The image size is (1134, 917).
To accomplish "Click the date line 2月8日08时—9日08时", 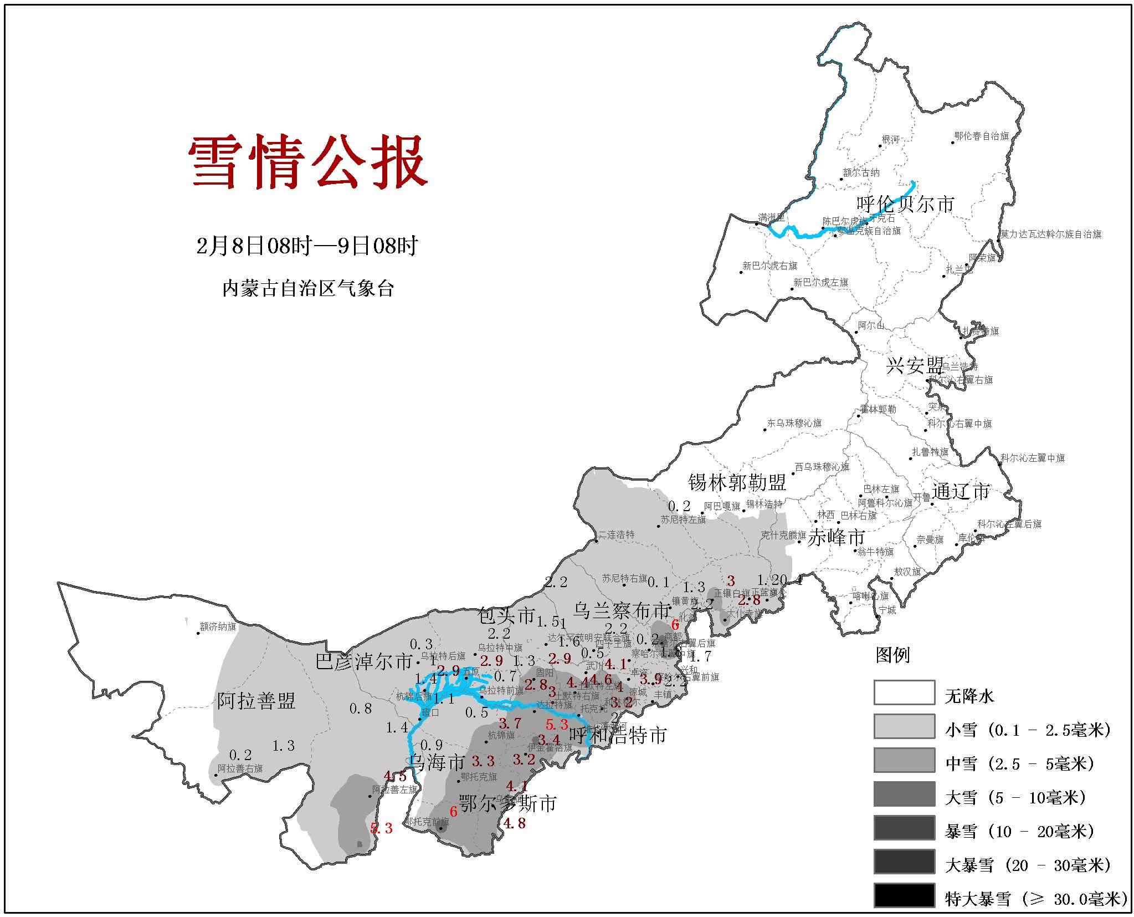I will (307, 246).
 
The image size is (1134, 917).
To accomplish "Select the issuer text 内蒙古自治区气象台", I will (308, 288).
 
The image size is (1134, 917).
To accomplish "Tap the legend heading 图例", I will (892, 655).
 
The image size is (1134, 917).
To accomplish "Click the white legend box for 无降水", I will (904, 692).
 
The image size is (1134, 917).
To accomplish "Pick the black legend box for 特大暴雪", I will (904, 895).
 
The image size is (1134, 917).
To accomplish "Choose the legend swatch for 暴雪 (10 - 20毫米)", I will (904, 828).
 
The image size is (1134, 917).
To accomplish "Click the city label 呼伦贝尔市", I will (905, 204).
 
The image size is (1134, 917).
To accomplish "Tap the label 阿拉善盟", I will (256, 701).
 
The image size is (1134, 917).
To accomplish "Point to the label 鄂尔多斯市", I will (507, 803).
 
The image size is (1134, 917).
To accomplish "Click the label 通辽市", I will (961, 491).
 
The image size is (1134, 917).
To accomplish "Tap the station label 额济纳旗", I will (218, 627).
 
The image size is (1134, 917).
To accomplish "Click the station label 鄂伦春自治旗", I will (981, 136).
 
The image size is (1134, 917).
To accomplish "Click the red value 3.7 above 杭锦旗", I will (510, 724).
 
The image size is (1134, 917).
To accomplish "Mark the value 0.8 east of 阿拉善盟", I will (360, 709).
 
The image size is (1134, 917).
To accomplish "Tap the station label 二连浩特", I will (616, 534).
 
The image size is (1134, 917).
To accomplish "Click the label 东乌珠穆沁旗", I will (794, 423).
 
